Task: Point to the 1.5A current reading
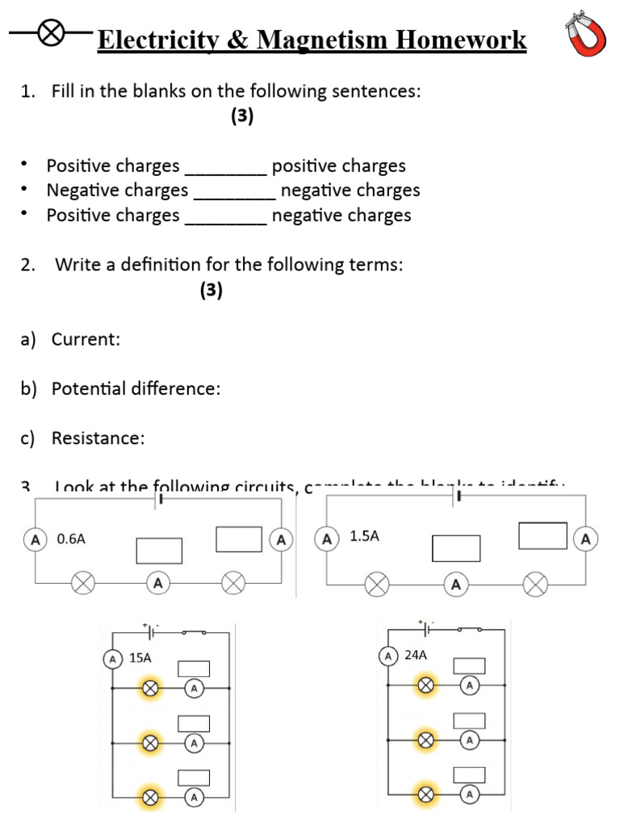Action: (364, 535)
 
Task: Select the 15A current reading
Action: (140, 657)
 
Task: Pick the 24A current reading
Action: (415, 655)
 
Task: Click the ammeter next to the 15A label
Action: (113, 658)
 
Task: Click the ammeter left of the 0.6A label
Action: (36, 539)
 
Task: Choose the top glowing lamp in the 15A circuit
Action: (150, 688)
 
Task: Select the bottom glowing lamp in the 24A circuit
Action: (425, 796)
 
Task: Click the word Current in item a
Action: (85, 339)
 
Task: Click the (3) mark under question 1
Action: (241, 116)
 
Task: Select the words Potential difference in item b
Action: (135, 388)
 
